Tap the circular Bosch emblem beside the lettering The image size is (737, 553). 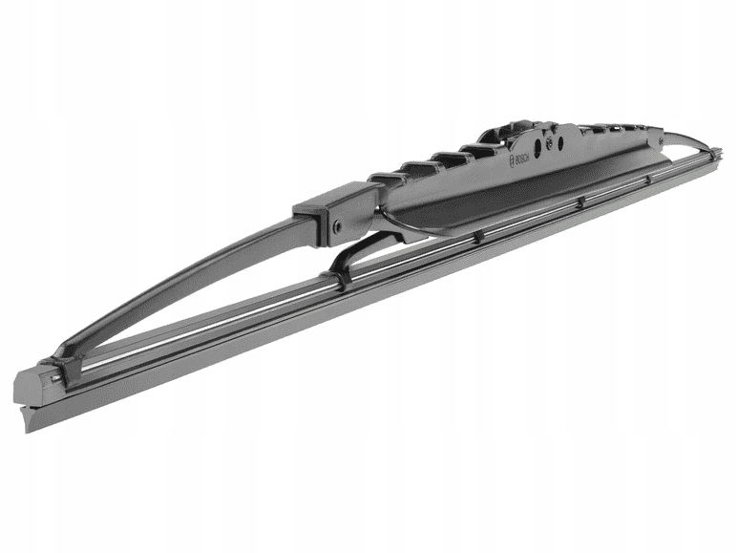pyautogui.click(x=512, y=161)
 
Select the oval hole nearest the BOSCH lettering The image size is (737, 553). pyautogui.click(x=537, y=145)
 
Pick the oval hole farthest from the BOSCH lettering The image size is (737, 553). pyautogui.click(x=559, y=141)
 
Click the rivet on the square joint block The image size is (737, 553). pyautogui.click(x=338, y=226)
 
